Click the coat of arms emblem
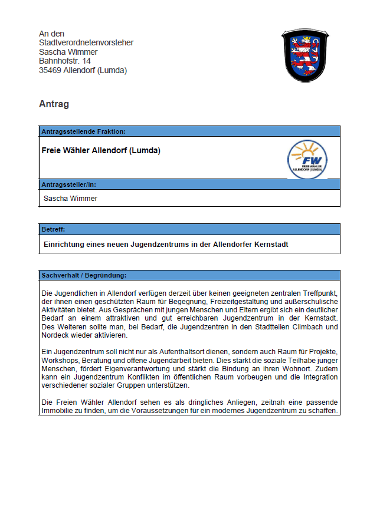pyautogui.click(x=304, y=57)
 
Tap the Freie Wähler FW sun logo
pyautogui.click(x=307, y=159)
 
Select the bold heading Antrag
pyautogui.click(x=54, y=104)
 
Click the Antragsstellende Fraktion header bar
pyautogui.click(x=189, y=131)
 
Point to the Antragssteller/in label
pyautogui.click(x=68, y=184)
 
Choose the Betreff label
pyautogui.click(x=53, y=229)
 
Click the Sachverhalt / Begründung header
pyautogui.click(x=83, y=275)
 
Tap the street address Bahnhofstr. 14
pyautogui.click(x=65, y=61)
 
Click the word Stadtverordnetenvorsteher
pyautogui.click(x=86, y=42)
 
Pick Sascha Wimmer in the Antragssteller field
pyautogui.click(x=70, y=199)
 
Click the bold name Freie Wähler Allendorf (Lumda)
pyautogui.click(x=101, y=150)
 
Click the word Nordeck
pyautogui.click(x=55, y=335)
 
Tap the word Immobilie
pyautogui.click(x=58, y=411)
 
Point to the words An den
pyautogui.click(x=52, y=34)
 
